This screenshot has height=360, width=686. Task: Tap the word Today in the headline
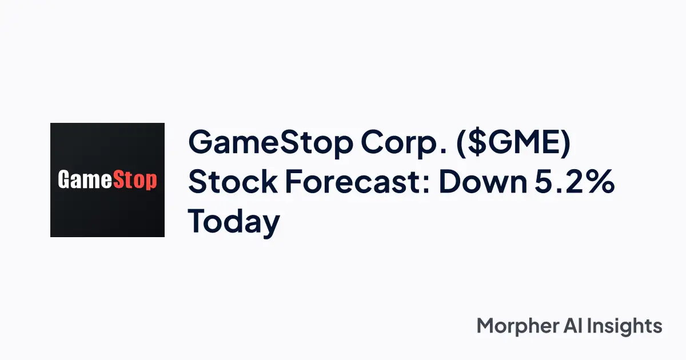(x=234, y=222)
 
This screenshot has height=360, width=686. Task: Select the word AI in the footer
(x=575, y=326)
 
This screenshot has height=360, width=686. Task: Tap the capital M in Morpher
(x=486, y=326)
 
